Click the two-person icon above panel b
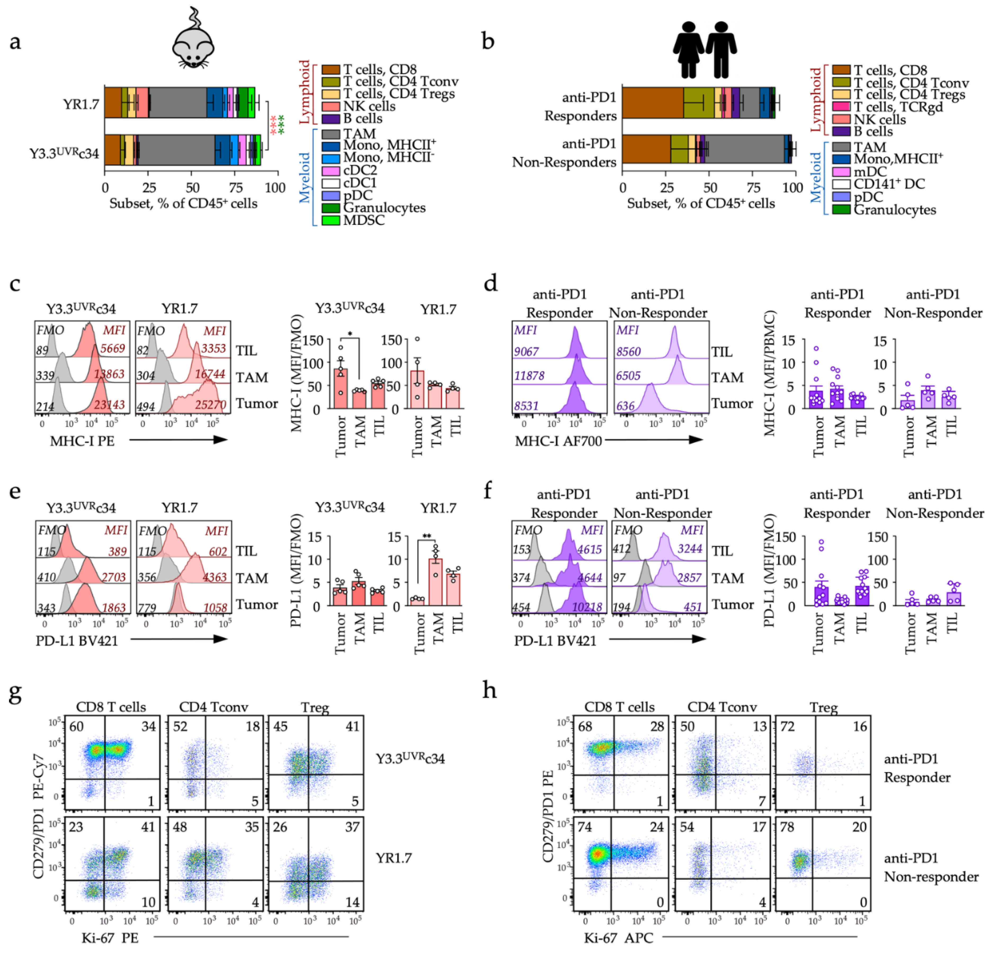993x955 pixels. [x=705, y=50]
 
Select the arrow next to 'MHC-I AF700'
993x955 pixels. [x=653, y=440]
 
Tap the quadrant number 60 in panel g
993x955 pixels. [x=77, y=726]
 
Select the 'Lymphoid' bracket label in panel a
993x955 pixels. [x=305, y=92]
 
